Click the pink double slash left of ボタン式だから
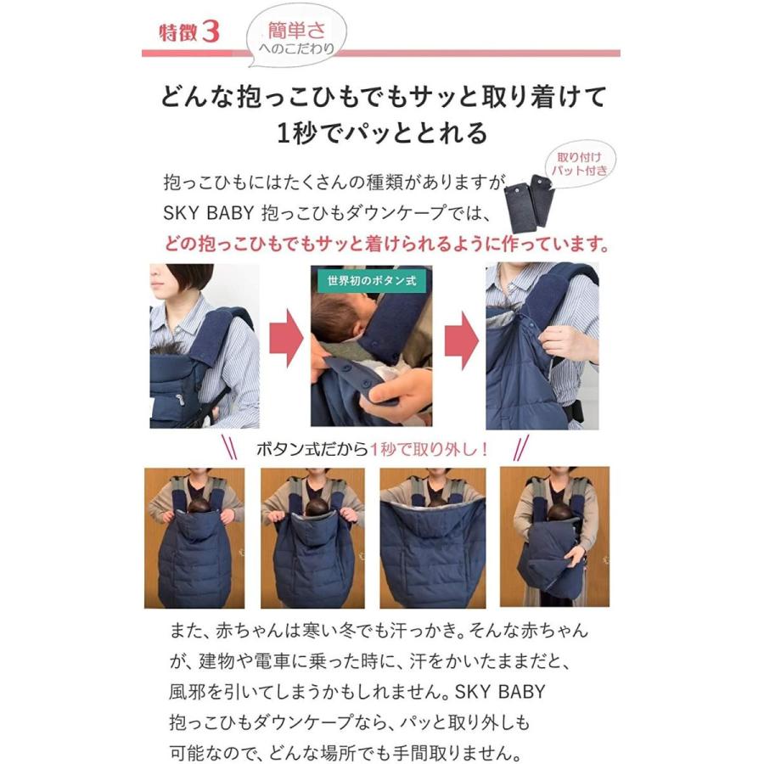point(229,448)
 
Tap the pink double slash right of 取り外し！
point(521,448)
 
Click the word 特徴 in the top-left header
point(179,32)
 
